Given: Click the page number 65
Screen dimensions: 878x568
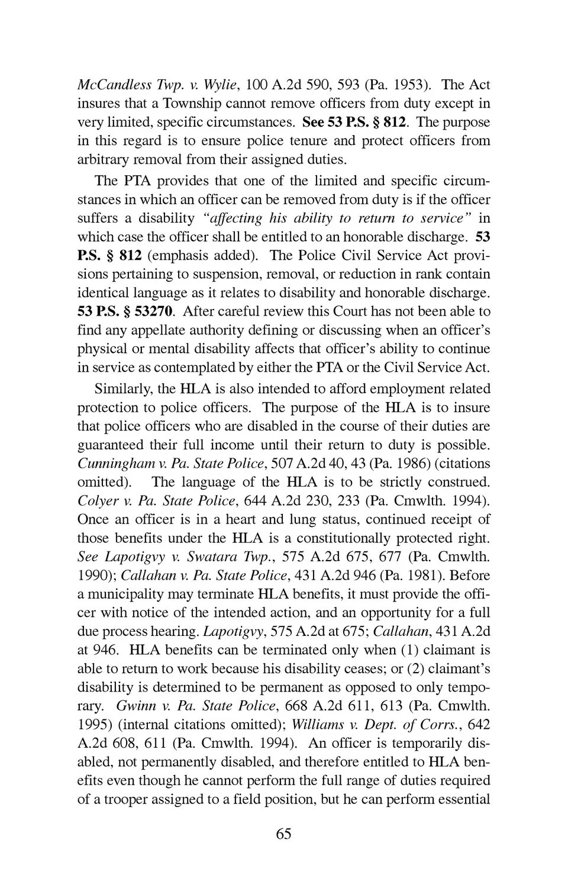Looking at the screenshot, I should [x=283, y=834].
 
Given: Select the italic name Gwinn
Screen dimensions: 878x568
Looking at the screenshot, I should [x=134, y=706].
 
